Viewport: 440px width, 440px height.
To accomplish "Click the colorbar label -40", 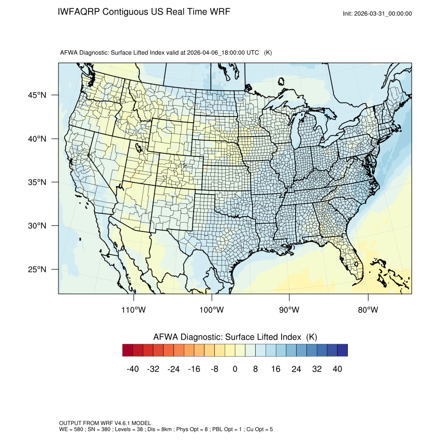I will (x=133, y=369).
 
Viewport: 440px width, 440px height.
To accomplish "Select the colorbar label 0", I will (x=235, y=369).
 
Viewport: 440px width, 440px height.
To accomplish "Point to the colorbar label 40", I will (x=337, y=369).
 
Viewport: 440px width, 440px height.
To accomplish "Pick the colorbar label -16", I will (x=194, y=369).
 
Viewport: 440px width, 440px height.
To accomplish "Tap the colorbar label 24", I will (x=296, y=369).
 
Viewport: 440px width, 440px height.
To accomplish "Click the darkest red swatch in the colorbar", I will (x=128, y=350).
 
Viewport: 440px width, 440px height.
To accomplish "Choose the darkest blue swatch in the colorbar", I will (x=342, y=350).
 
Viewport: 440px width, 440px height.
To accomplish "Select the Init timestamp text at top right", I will (x=377, y=13).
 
